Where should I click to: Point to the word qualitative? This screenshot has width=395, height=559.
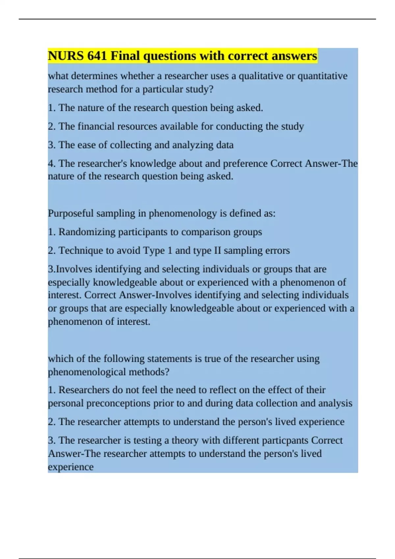click(x=261, y=76)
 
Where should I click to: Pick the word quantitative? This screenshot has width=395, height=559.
click(x=323, y=76)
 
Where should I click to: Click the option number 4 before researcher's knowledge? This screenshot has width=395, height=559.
click(x=51, y=163)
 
